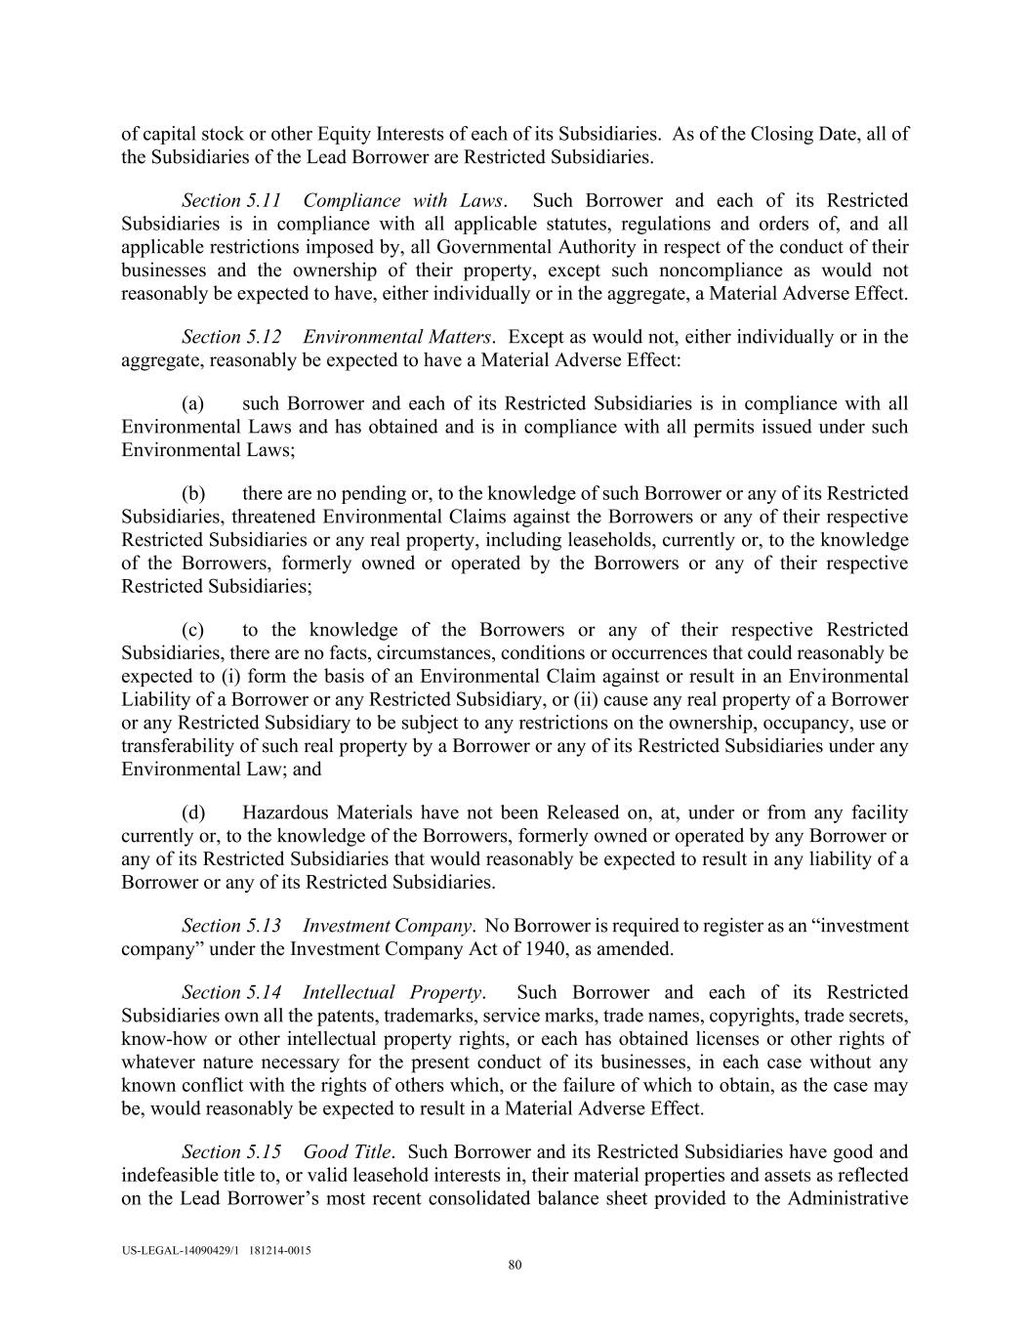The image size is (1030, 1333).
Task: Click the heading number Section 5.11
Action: pos(231,200)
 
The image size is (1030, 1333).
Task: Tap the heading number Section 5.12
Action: pos(231,337)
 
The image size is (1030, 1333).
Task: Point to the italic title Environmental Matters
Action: pos(396,337)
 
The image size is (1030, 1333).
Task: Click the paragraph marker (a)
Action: pos(192,403)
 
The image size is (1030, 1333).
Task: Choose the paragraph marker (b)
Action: pos(192,493)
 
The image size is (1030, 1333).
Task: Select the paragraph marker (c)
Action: pos(192,630)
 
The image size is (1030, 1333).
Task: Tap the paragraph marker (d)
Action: pos(192,812)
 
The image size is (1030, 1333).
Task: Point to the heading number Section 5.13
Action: pos(231,926)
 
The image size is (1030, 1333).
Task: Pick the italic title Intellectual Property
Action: pos(392,992)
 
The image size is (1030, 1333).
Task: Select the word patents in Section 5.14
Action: pos(321,1016)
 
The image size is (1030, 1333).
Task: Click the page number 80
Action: pos(515,1266)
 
